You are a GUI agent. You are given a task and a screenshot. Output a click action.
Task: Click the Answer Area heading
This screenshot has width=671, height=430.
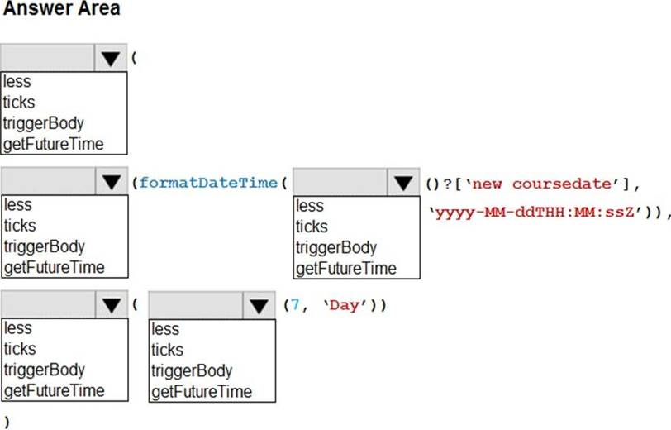[62, 8]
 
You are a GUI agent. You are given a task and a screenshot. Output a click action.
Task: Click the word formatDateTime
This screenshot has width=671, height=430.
[208, 183]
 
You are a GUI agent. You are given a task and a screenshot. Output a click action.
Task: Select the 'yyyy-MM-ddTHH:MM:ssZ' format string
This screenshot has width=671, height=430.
[535, 212]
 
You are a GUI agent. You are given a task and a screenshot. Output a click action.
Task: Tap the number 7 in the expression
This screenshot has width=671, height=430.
[295, 305]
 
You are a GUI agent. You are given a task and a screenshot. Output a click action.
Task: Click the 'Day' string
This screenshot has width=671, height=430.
[345, 306]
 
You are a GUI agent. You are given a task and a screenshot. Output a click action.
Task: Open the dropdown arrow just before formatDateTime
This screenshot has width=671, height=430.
[112, 182]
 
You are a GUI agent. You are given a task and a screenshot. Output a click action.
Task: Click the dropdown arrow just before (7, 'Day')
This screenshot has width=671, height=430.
[259, 306]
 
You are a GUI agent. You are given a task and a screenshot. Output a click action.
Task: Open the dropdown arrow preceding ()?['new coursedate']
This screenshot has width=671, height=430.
[403, 183]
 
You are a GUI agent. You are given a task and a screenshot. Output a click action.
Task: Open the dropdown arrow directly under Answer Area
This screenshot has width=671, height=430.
[111, 58]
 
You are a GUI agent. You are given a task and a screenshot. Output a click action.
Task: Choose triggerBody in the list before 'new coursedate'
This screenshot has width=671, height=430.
[336, 247]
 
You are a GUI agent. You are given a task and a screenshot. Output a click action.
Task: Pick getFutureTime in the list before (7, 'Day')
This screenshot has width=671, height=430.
[202, 391]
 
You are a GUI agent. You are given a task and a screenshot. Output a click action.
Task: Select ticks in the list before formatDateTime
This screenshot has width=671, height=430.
[20, 225]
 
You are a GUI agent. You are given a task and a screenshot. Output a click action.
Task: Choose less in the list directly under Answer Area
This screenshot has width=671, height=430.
[17, 81]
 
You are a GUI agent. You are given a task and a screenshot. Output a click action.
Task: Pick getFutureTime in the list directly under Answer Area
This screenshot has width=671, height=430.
[54, 144]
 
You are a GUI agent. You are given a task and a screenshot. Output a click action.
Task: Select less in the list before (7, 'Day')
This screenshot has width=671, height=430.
[165, 329]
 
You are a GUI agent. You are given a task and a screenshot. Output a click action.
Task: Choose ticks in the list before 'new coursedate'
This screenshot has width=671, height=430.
[312, 227]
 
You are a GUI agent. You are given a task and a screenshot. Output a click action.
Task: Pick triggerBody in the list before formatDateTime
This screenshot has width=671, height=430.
[45, 246]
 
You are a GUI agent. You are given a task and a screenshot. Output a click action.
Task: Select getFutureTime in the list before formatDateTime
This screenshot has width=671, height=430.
[55, 267]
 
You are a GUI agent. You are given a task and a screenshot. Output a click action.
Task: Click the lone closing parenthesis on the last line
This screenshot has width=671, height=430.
[7, 422]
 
